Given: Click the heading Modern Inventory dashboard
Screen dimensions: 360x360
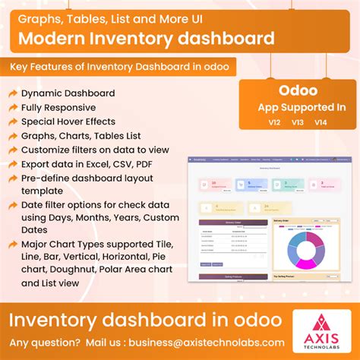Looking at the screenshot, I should point(146,38).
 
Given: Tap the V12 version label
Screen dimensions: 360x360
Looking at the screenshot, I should point(274,122).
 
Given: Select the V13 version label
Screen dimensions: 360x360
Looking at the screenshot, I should point(298,122).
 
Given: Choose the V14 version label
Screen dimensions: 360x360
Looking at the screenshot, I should point(321,122).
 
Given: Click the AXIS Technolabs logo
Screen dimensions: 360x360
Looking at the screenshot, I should point(315,332).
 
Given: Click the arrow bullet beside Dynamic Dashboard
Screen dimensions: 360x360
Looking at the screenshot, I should point(13,93).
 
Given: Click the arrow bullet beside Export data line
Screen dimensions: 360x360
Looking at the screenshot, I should point(13,164).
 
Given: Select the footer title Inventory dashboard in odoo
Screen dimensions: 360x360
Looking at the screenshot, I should point(144,317).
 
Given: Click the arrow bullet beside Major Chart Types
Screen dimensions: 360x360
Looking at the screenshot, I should point(13,243).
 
